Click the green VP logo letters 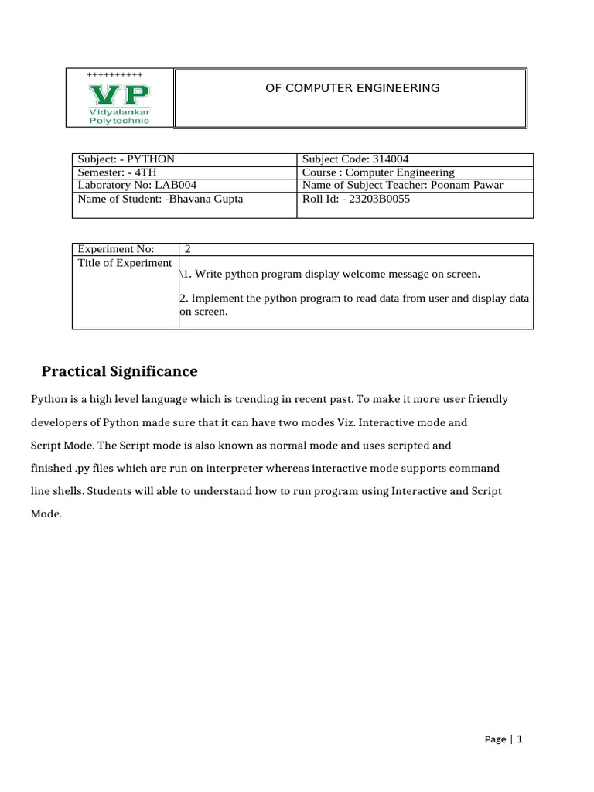119,94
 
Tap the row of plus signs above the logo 114,74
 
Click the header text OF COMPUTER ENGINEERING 352,88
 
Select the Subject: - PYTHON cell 126,159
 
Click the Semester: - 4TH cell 117,172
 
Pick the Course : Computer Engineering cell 378,172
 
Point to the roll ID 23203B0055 381,199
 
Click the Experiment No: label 116,249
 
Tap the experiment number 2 187,249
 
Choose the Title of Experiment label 125,263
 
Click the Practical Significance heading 119,372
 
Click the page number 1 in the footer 520,739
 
